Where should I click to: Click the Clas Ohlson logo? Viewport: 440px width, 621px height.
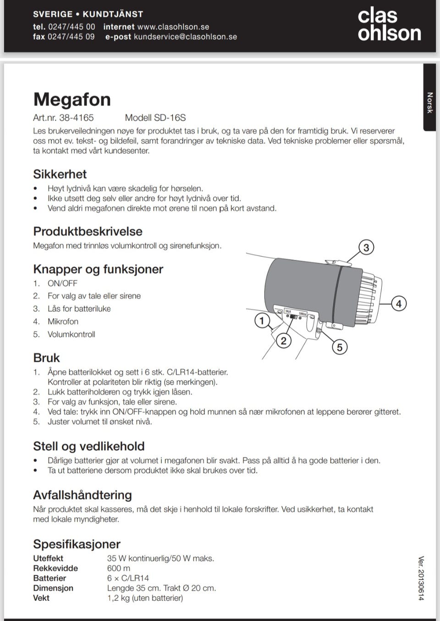[x=389, y=25]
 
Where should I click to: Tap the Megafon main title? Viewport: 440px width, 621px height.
[x=72, y=99]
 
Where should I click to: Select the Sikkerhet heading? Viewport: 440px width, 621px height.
[x=60, y=174]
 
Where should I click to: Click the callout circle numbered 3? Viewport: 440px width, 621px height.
[x=366, y=248]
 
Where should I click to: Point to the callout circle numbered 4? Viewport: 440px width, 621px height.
[x=398, y=303]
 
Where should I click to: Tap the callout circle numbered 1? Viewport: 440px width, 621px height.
[x=262, y=320]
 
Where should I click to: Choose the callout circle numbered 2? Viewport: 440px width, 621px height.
[x=283, y=341]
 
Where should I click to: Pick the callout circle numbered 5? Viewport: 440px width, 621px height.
[x=339, y=347]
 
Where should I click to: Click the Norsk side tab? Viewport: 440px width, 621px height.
[x=429, y=103]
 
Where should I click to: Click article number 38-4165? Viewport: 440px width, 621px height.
[x=76, y=118]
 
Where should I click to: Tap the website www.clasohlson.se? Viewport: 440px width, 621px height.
[x=173, y=27]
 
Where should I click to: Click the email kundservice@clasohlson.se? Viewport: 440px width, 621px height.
[x=185, y=37]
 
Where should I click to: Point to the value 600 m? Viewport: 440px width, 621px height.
[x=118, y=568]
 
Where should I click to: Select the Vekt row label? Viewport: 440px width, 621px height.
[x=41, y=598]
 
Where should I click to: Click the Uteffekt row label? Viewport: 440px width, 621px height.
[x=48, y=558]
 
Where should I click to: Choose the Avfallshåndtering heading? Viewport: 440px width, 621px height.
[x=82, y=495]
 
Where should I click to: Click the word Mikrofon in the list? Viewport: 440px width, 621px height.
[x=63, y=322]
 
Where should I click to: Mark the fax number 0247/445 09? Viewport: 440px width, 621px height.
[x=71, y=37]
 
